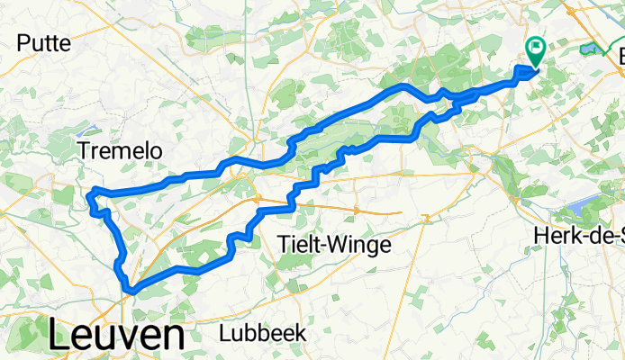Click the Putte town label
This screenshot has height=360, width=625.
click(x=43, y=42)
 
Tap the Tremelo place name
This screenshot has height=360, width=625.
click(x=120, y=152)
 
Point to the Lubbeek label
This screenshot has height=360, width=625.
click(x=262, y=333)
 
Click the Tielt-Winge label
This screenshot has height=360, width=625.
click(x=333, y=244)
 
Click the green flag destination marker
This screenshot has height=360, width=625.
click(x=536, y=50)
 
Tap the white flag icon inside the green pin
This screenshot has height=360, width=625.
click(x=536, y=47)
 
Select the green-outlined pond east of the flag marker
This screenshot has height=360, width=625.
click(x=590, y=49)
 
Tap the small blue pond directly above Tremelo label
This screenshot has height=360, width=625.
click(x=95, y=127)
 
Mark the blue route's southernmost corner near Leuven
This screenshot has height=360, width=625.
click(x=132, y=290)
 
